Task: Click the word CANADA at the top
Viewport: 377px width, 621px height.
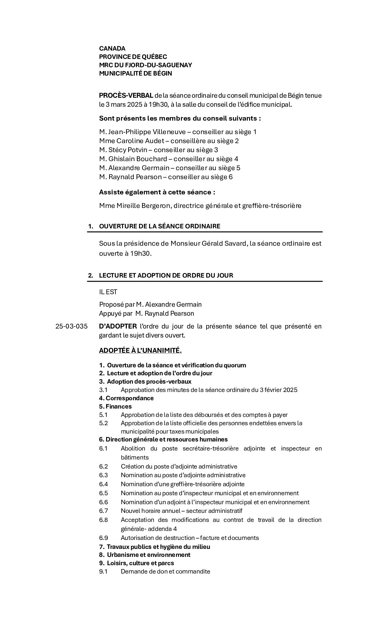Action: click(112, 49)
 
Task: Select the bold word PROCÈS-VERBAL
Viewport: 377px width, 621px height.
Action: click(126, 96)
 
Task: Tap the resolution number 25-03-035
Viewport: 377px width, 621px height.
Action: click(71, 326)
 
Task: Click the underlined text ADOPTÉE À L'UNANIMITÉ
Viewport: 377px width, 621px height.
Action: click(140, 350)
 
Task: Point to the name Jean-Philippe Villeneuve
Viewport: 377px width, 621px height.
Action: click(142, 132)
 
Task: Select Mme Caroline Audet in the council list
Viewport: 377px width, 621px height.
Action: click(134, 141)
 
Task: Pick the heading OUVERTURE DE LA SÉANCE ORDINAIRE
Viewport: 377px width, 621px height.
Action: click(159, 226)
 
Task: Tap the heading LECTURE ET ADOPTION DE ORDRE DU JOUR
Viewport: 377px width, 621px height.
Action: click(166, 275)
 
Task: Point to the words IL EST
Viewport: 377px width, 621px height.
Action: click(108, 292)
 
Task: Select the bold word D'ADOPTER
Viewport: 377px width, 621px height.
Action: click(118, 326)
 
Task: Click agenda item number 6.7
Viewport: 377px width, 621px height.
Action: click(103, 511)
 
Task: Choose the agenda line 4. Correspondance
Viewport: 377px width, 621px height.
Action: click(126, 398)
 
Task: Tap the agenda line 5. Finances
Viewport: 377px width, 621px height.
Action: click(115, 406)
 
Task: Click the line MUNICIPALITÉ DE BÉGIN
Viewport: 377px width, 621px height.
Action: click(135, 73)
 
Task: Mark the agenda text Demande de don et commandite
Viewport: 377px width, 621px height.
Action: click(165, 571)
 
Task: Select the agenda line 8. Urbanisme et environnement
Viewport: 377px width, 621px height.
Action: click(144, 555)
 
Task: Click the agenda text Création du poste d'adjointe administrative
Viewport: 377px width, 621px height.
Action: click(179, 466)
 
